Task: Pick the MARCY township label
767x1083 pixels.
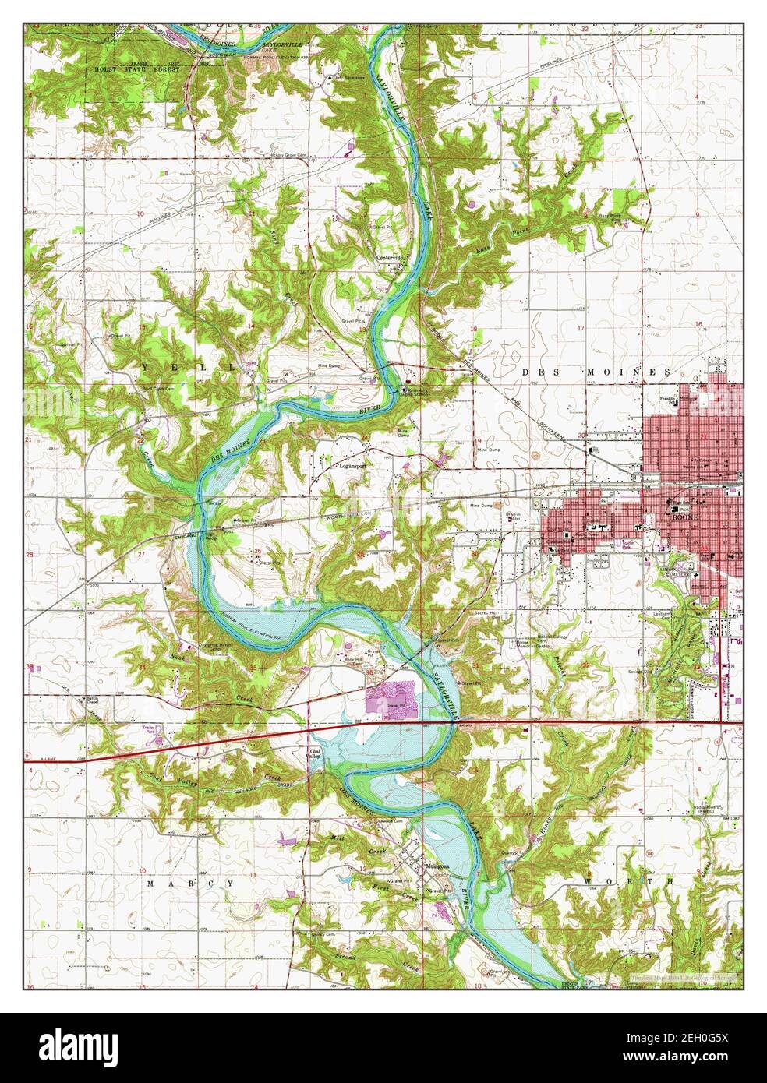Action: coord(190,884)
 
